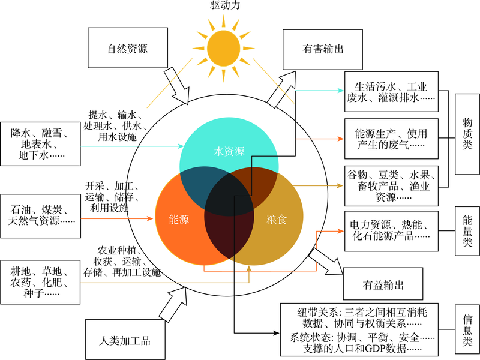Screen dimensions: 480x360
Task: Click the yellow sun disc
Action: [x=223, y=49]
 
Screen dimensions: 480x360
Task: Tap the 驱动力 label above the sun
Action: [x=224, y=5]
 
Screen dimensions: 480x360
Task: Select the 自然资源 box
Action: [x=128, y=48]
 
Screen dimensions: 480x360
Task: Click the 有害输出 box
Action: [x=323, y=49]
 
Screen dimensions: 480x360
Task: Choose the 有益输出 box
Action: [x=383, y=284]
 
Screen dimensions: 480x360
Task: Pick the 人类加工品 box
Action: [x=125, y=340]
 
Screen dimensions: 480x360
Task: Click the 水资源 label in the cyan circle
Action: [x=229, y=152]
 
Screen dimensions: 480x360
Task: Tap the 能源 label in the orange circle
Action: [x=179, y=219]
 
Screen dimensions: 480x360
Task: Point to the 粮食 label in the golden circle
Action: [x=277, y=219]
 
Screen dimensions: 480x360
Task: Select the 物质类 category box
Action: [x=467, y=134]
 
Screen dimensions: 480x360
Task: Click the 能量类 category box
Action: [x=467, y=231]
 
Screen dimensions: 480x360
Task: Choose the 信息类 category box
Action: [x=467, y=330]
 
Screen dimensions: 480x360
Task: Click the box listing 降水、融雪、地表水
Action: [x=40, y=144]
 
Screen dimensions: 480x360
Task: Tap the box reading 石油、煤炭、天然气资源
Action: [x=40, y=216]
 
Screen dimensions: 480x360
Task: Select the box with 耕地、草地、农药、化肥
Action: [x=40, y=282]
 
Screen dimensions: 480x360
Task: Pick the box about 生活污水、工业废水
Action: [x=391, y=92]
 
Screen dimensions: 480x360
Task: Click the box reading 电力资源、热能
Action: [x=391, y=231]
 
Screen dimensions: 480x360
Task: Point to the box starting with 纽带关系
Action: [x=359, y=329]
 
